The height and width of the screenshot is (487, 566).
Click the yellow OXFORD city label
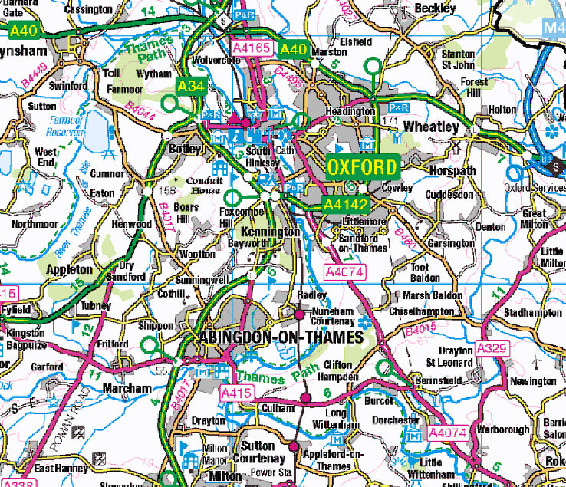pos(362,167)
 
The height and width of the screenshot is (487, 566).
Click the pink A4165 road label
pos(252,48)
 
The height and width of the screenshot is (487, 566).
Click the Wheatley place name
pos(430,127)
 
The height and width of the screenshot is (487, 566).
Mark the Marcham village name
pos(127,388)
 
